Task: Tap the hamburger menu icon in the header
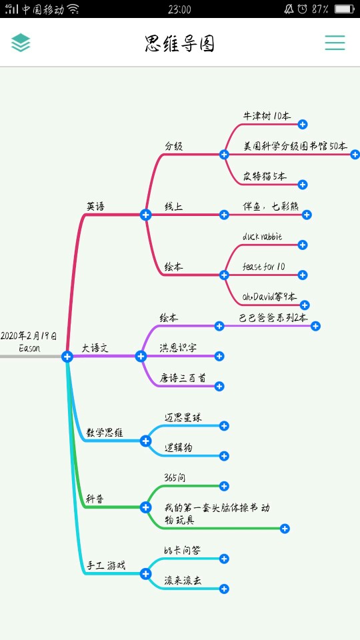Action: click(x=335, y=43)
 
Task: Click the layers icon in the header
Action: click(x=21, y=43)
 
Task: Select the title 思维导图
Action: click(x=179, y=43)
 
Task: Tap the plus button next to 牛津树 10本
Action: click(x=303, y=125)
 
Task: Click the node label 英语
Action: click(x=95, y=207)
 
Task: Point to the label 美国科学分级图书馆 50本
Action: click(x=295, y=146)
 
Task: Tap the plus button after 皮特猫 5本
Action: click(x=303, y=185)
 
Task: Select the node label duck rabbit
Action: click(x=262, y=237)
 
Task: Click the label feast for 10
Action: click(x=264, y=267)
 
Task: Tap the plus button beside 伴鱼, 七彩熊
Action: click(x=307, y=215)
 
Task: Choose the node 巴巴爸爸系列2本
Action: click(x=273, y=318)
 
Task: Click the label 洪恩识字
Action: click(x=178, y=348)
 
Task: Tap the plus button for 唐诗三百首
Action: click(x=219, y=386)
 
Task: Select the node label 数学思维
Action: click(x=105, y=433)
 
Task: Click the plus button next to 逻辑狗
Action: click(x=224, y=456)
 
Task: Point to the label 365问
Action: click(x=175, y=477)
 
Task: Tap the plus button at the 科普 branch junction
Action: click(x=146, y=507)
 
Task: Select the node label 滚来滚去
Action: click(x=183, y=581)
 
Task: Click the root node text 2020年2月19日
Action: click(x=29, y=336)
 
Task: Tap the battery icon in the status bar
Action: click(x=344, y=9)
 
